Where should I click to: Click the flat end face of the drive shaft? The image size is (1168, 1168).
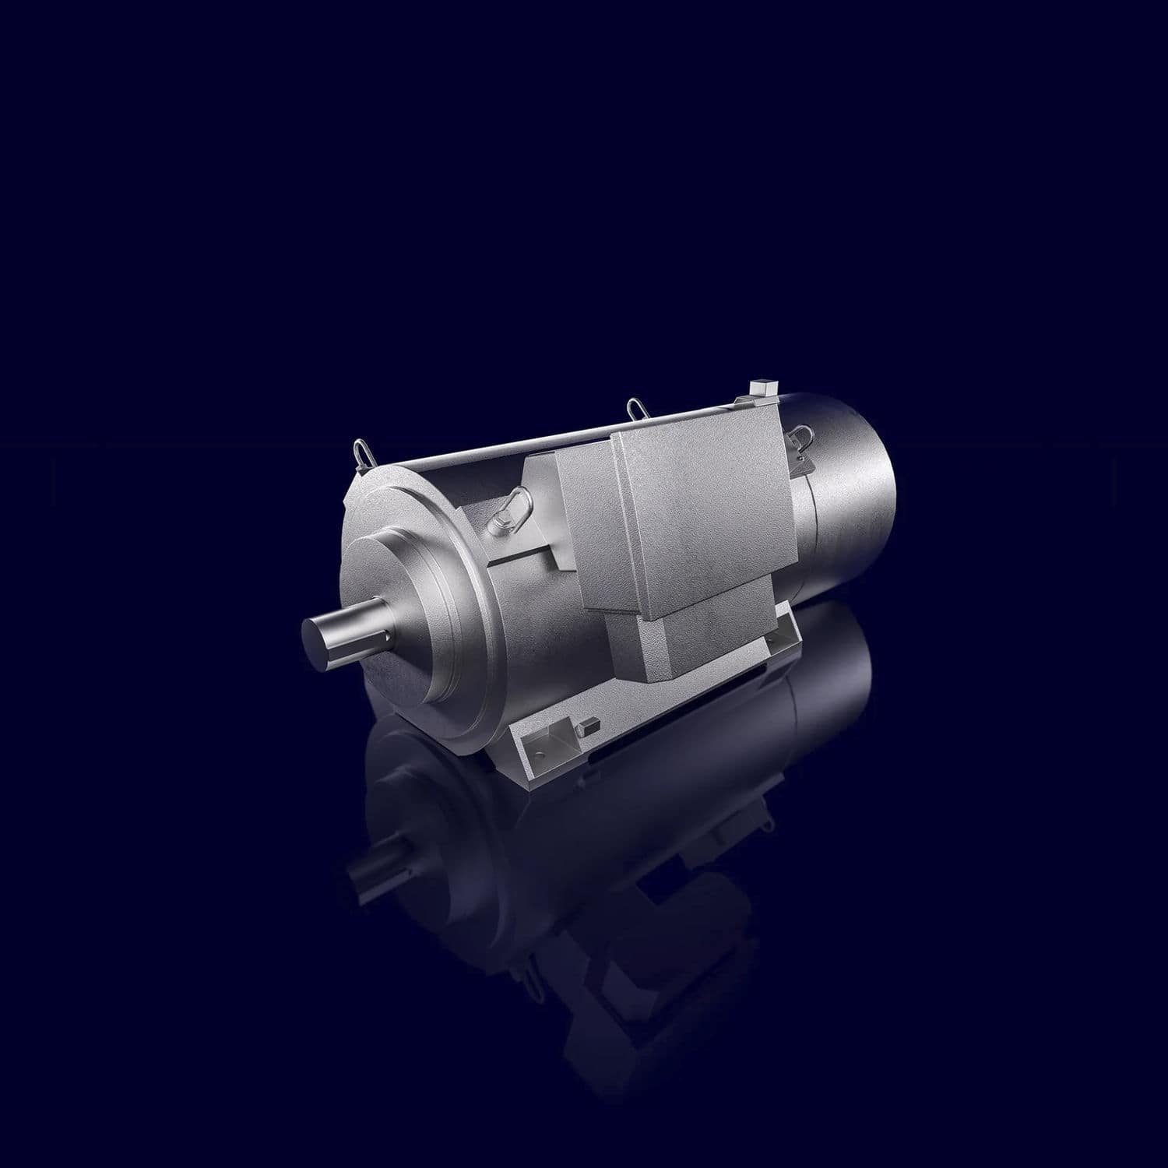tap(320, 644)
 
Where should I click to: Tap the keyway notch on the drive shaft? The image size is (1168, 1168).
tap(379, 641)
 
